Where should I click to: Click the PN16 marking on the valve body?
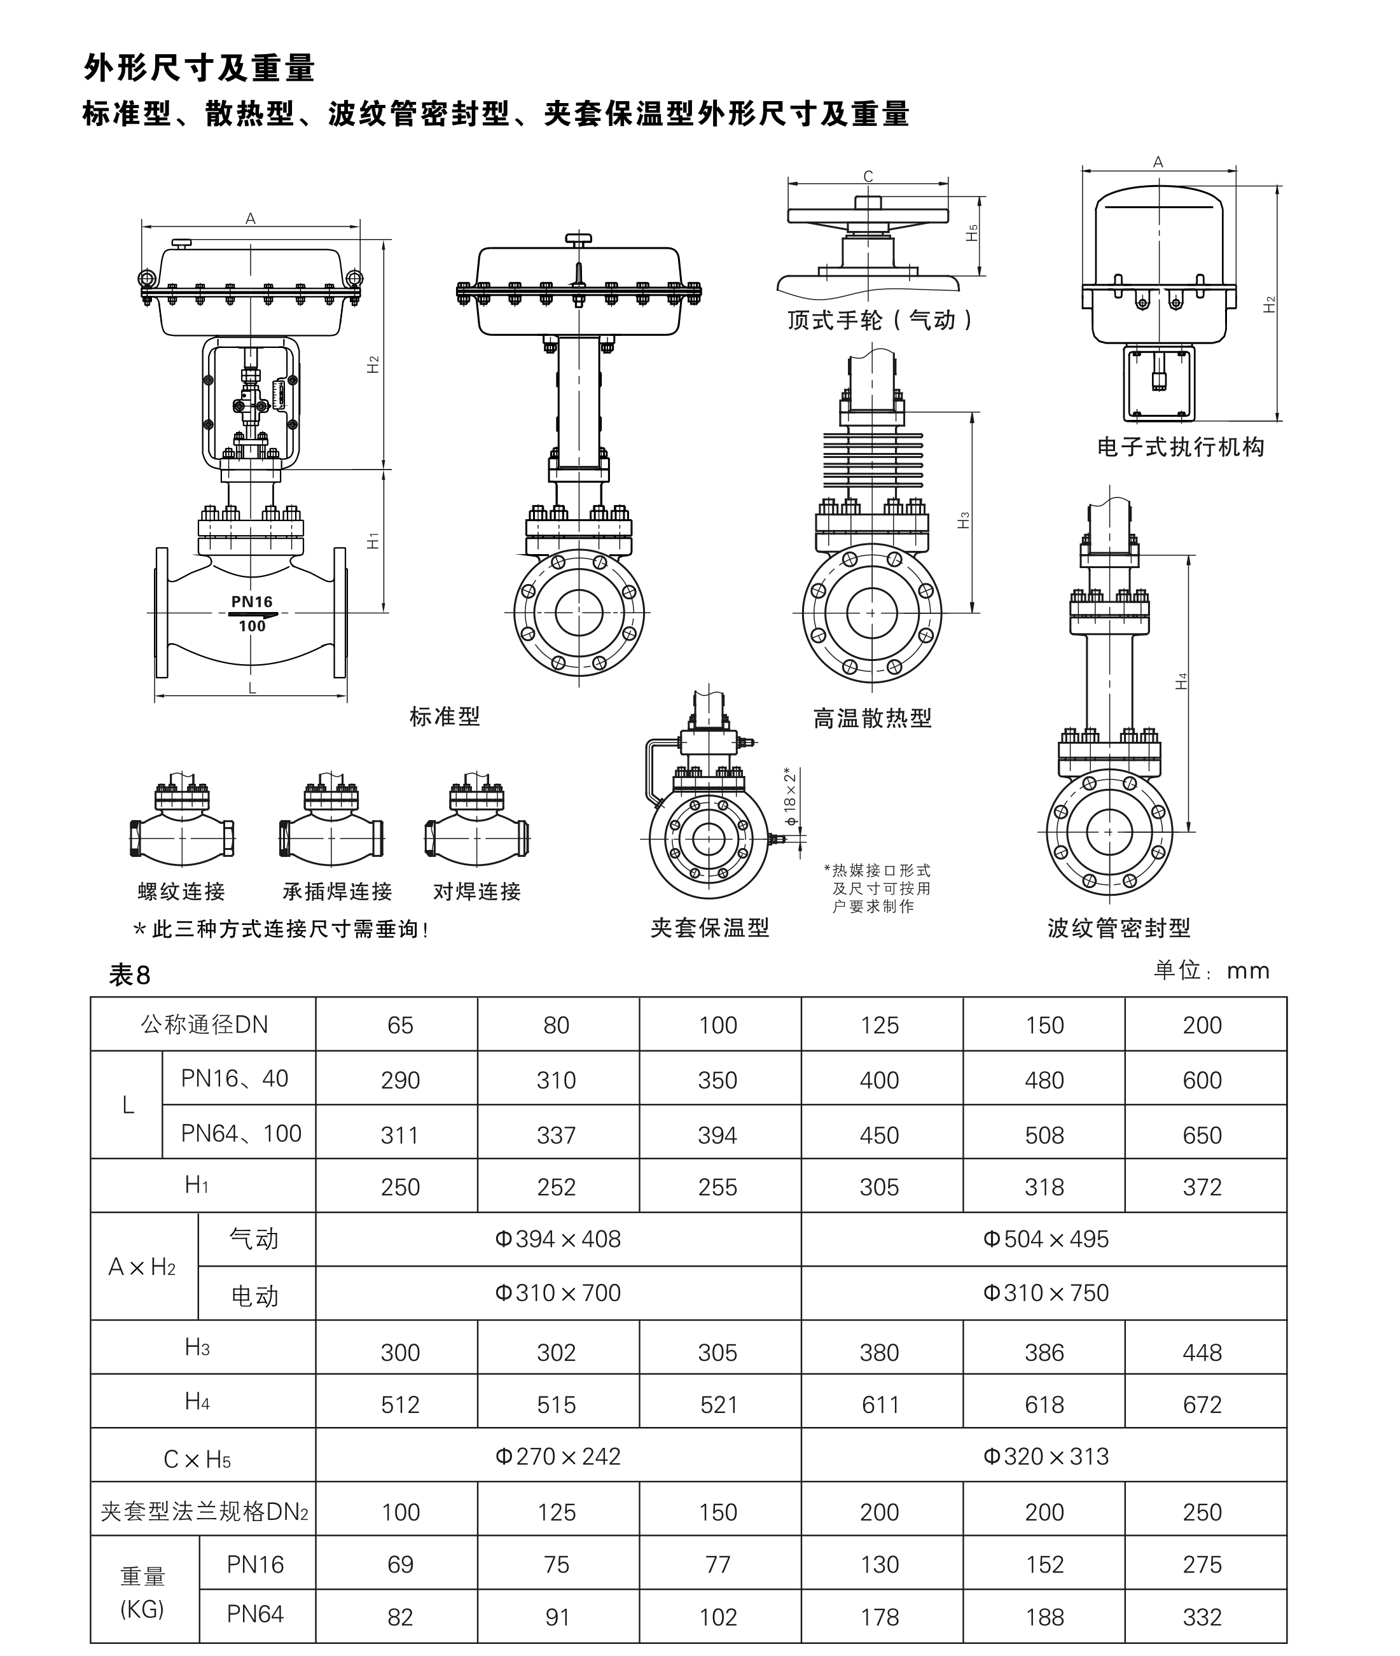click(x=252, y=602)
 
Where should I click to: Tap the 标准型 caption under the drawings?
click(x=445, y=717)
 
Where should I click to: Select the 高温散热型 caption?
click(x=872, y=718)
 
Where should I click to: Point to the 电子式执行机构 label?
click(x=1180, y=448)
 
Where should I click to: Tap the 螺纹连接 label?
click(x=182, y=891)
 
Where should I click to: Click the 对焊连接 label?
click(x=476, y=891)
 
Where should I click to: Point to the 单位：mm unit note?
click(x=1211, y=971)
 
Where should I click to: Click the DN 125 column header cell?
click(x=880, y=1025)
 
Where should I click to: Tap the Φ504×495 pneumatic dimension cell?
click(x=1045, y=1239)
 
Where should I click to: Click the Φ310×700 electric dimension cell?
click(x=557, y=1293)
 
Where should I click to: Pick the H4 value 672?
click(x=1202, y=1404)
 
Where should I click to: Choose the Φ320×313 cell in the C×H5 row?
click(x=1045, y=1457)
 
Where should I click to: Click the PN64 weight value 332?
click(x=1202, y=1617)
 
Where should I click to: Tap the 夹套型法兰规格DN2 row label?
click(x=204, y=1511)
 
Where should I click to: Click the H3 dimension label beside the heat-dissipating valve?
click(x=964, y=520)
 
